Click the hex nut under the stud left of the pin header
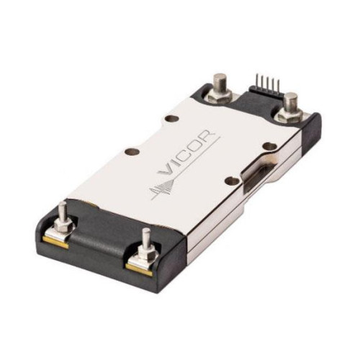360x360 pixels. pos(220,96)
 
